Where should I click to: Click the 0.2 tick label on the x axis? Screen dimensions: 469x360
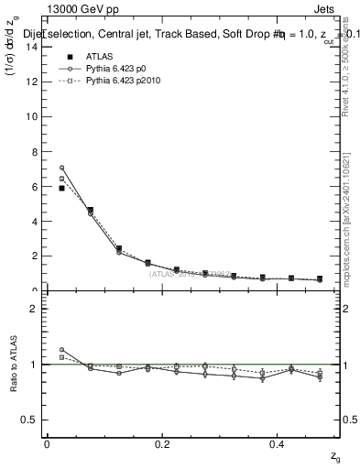(x=162, y=443)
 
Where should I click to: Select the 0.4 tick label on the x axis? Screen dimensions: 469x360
(x=278, y=443)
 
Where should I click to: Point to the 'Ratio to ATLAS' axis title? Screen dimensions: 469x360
(x=11, y=365)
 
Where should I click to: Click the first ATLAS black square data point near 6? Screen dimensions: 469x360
(x=61, y=188)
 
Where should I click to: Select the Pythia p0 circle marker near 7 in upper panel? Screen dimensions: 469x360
(x=61, y=168)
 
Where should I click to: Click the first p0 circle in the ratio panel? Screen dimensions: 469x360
(x=61, y=350)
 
